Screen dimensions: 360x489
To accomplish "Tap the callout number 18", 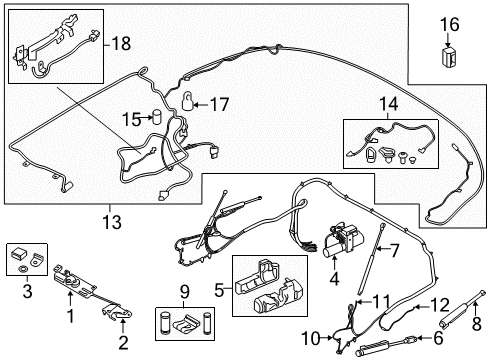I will tap(121, 44).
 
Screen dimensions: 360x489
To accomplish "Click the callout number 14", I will tap(387, 103).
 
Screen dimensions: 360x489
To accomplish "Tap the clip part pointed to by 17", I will tap(192, 100).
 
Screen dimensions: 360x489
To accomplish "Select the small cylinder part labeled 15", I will tap(156, 116).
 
